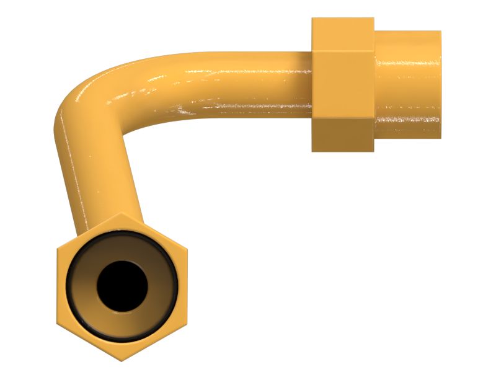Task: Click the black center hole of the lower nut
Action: coord(122,286)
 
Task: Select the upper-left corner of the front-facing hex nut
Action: coord(57,249)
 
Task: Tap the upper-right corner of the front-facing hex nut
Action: coord(186,249)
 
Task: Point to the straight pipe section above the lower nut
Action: coord(102,186)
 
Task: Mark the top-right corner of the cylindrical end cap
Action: coord(440,32)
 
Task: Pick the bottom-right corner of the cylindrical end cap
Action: coord(440,137)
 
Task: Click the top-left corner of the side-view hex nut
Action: coord(312,19)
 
